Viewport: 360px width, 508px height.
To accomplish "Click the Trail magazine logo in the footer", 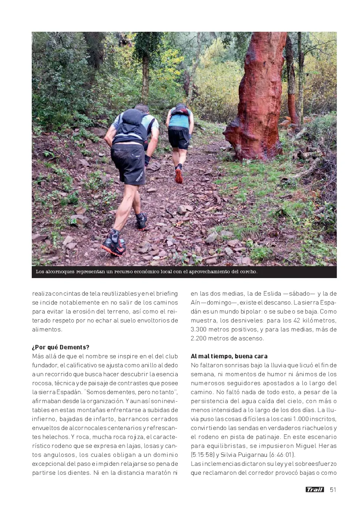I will [314, 489].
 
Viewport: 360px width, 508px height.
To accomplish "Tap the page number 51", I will [333, 489].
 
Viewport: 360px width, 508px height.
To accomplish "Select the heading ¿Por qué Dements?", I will [61, 347].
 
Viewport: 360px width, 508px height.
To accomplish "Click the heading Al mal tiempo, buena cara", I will [229, 356].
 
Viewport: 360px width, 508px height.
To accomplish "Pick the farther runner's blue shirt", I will [179, 120].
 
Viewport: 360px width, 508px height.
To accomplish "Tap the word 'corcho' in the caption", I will [247, 272].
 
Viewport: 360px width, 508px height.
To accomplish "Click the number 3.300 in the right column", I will [199, 329].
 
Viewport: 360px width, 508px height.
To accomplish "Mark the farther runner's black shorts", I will [179, 138].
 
